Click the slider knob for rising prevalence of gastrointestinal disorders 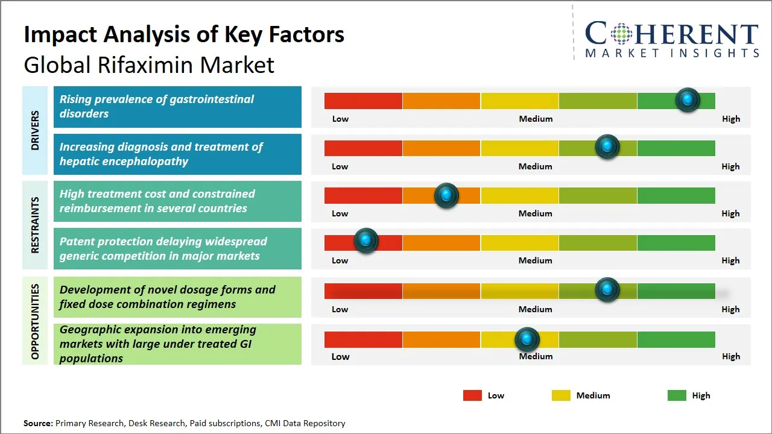[688, 100]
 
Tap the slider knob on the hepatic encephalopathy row [607, 147]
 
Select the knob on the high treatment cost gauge [446, 195]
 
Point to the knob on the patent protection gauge [365, 241]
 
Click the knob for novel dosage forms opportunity [607, 290]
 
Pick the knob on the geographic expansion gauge [527, 339]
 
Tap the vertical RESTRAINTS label [35, 224]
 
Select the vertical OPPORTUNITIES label [35, 321]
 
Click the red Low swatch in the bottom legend [472, 395]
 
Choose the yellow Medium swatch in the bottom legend [561, 395]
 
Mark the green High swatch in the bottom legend [677, 395]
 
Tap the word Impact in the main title [59, 34]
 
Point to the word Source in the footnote [37, 423]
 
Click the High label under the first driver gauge [730, 119]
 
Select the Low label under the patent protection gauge [340, 260]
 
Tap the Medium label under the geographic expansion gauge [536, 356]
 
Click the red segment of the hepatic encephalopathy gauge [363, 148]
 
